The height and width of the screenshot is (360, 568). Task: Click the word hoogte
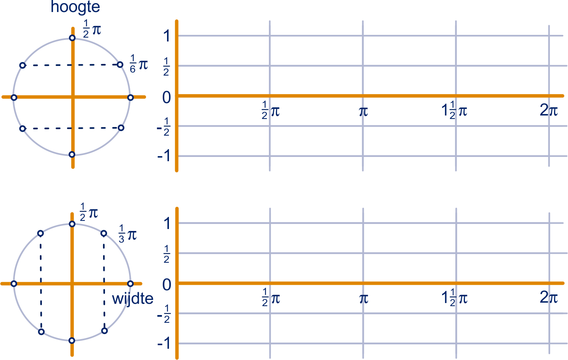(x=75, y=7)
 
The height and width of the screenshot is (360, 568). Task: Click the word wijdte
(x=133, y=299)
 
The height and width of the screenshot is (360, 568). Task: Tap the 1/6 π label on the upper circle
(x=139, y=64)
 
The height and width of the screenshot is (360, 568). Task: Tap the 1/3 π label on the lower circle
(x=127, y=234)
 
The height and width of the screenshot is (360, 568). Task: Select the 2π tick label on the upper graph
(x=549, y=110)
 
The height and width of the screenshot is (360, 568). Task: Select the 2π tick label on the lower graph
(x=549, y=297)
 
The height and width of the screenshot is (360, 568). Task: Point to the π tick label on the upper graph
(x=363, y=112)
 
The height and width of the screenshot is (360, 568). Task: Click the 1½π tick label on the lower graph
(x=454, y=298)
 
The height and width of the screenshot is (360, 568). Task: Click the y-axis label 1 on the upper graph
(x=167, y=36)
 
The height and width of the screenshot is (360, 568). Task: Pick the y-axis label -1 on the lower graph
(x=164, y=344)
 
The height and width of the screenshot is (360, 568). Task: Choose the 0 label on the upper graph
(x=167, y=97)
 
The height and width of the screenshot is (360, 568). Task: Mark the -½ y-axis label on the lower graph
(x=164, y=314)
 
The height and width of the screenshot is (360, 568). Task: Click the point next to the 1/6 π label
(x=120, y=65)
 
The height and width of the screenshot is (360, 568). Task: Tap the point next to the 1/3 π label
(x=103, y=233)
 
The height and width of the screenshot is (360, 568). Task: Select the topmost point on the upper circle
(x=72, y=38)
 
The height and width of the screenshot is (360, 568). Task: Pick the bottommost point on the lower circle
(x=72, y=341)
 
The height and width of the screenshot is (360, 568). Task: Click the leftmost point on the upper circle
(x=14, y=97)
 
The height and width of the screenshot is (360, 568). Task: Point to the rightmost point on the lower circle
(x=130, y=284)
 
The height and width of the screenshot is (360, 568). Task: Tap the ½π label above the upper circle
(x=92, y=29)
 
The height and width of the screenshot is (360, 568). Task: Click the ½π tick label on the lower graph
(x=271, y=298)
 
